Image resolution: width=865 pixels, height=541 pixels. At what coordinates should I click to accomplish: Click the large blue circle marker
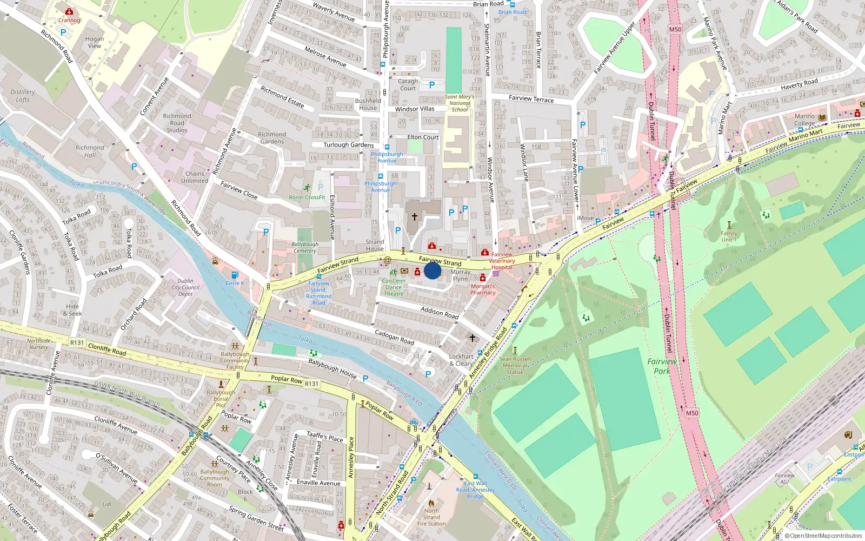click(x=432, y=270)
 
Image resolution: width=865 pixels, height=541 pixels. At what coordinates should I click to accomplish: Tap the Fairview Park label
click(x=662, y=366)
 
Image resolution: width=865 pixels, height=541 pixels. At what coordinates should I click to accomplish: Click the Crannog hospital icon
click(x=69, y=11)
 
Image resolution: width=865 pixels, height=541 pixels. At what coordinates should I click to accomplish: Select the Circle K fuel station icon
click(x=235, y=275)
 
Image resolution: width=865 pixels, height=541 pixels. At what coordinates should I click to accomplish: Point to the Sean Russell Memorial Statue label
click(x=515, y=365)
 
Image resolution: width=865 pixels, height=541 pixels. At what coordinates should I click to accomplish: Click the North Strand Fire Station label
click(x=431, y=517)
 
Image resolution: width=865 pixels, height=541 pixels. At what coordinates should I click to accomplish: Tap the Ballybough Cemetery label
click(x=305, y=247)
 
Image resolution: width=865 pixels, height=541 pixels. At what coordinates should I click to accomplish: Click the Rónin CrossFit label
click(x=307, y=197)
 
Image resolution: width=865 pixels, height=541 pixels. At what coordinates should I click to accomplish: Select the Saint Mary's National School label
click(x=460, y=103)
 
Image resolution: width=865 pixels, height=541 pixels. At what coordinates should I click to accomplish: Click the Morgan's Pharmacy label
click(x=483, y=289)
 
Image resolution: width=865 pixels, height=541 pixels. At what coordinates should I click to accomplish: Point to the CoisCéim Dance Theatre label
click(x=394, y=287)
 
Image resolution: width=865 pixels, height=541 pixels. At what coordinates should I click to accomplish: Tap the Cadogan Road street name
click(x=394, y=338)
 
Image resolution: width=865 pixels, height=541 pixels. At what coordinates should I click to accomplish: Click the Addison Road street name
click(x=440, y=312)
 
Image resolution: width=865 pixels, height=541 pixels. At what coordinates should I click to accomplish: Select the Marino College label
click(x=804, y=120)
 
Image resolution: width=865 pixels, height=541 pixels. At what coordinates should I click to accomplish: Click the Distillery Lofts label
click(x=23, y=96)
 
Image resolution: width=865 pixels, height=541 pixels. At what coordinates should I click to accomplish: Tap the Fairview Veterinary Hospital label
click(x=502, y=261)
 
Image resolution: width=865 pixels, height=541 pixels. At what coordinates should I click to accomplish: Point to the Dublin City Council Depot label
click(x=185, y=287)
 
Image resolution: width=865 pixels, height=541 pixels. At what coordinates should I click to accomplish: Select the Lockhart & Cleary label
click(x=461, y=360)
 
